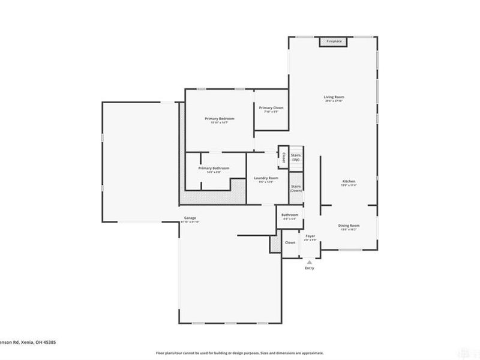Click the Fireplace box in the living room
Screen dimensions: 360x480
pos(334,41)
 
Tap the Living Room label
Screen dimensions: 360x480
pos(334,97)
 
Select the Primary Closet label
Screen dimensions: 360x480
pos(271,108)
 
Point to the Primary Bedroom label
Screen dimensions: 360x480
pos(220,119)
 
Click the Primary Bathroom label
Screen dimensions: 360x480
pos(214,168)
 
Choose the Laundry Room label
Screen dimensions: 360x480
pos(266,178)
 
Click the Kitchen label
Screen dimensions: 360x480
pos(349,181)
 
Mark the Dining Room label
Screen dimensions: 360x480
pos(350,226)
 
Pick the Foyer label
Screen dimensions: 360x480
pos(310,236)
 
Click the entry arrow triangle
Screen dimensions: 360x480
pos(310,262)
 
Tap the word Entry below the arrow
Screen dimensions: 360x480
pos(310,268)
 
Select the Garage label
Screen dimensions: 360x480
pos(190,218)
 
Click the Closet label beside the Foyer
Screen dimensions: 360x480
pos(290,242)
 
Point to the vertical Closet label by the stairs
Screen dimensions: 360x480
pos(284,157)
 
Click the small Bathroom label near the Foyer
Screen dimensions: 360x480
pos(290,215)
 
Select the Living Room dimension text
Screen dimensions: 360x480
pos(334,101)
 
